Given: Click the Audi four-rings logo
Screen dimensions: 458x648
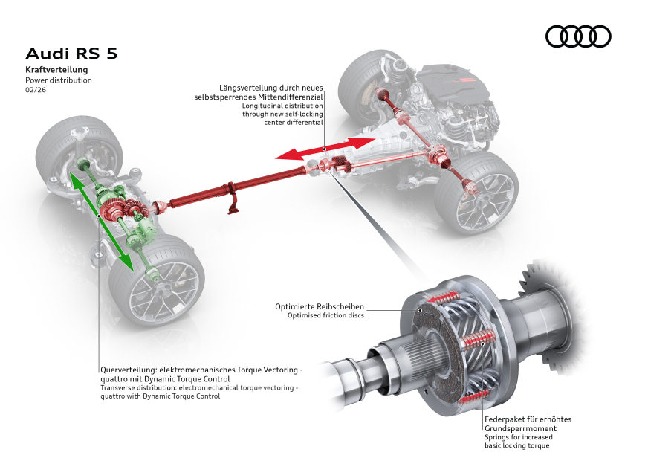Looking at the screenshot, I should click(x=578, y=36).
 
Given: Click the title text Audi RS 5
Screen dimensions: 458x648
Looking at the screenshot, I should click(x=71, y=54).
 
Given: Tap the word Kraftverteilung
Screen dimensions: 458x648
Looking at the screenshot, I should click(x=56, y=69).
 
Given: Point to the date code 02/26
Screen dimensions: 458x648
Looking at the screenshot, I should click(x=35, y=90).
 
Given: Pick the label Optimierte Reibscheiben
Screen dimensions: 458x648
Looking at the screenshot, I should click(x=320, y=306).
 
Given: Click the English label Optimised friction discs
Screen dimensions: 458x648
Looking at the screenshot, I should click(x=326, y=316).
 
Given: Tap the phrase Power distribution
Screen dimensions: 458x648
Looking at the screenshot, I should click(x=59, y=80).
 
